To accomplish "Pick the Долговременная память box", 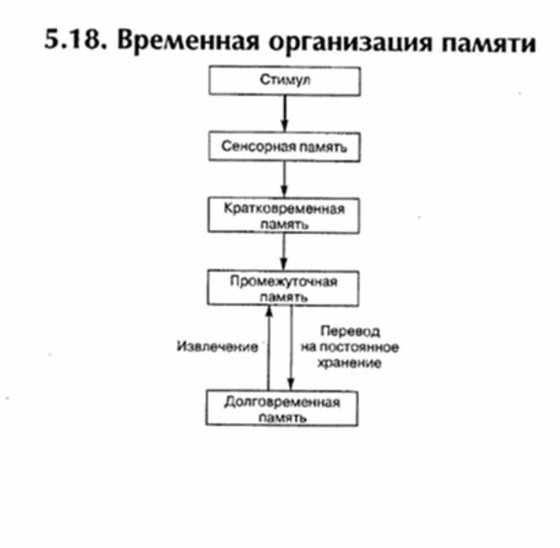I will [x=282, y=409].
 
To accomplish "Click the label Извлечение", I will [x=217, y=347].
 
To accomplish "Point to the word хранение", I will [x=349, y=363].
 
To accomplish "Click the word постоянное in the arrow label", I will [x=364, y=347].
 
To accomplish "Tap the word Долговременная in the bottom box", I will [x=282, y=402].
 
